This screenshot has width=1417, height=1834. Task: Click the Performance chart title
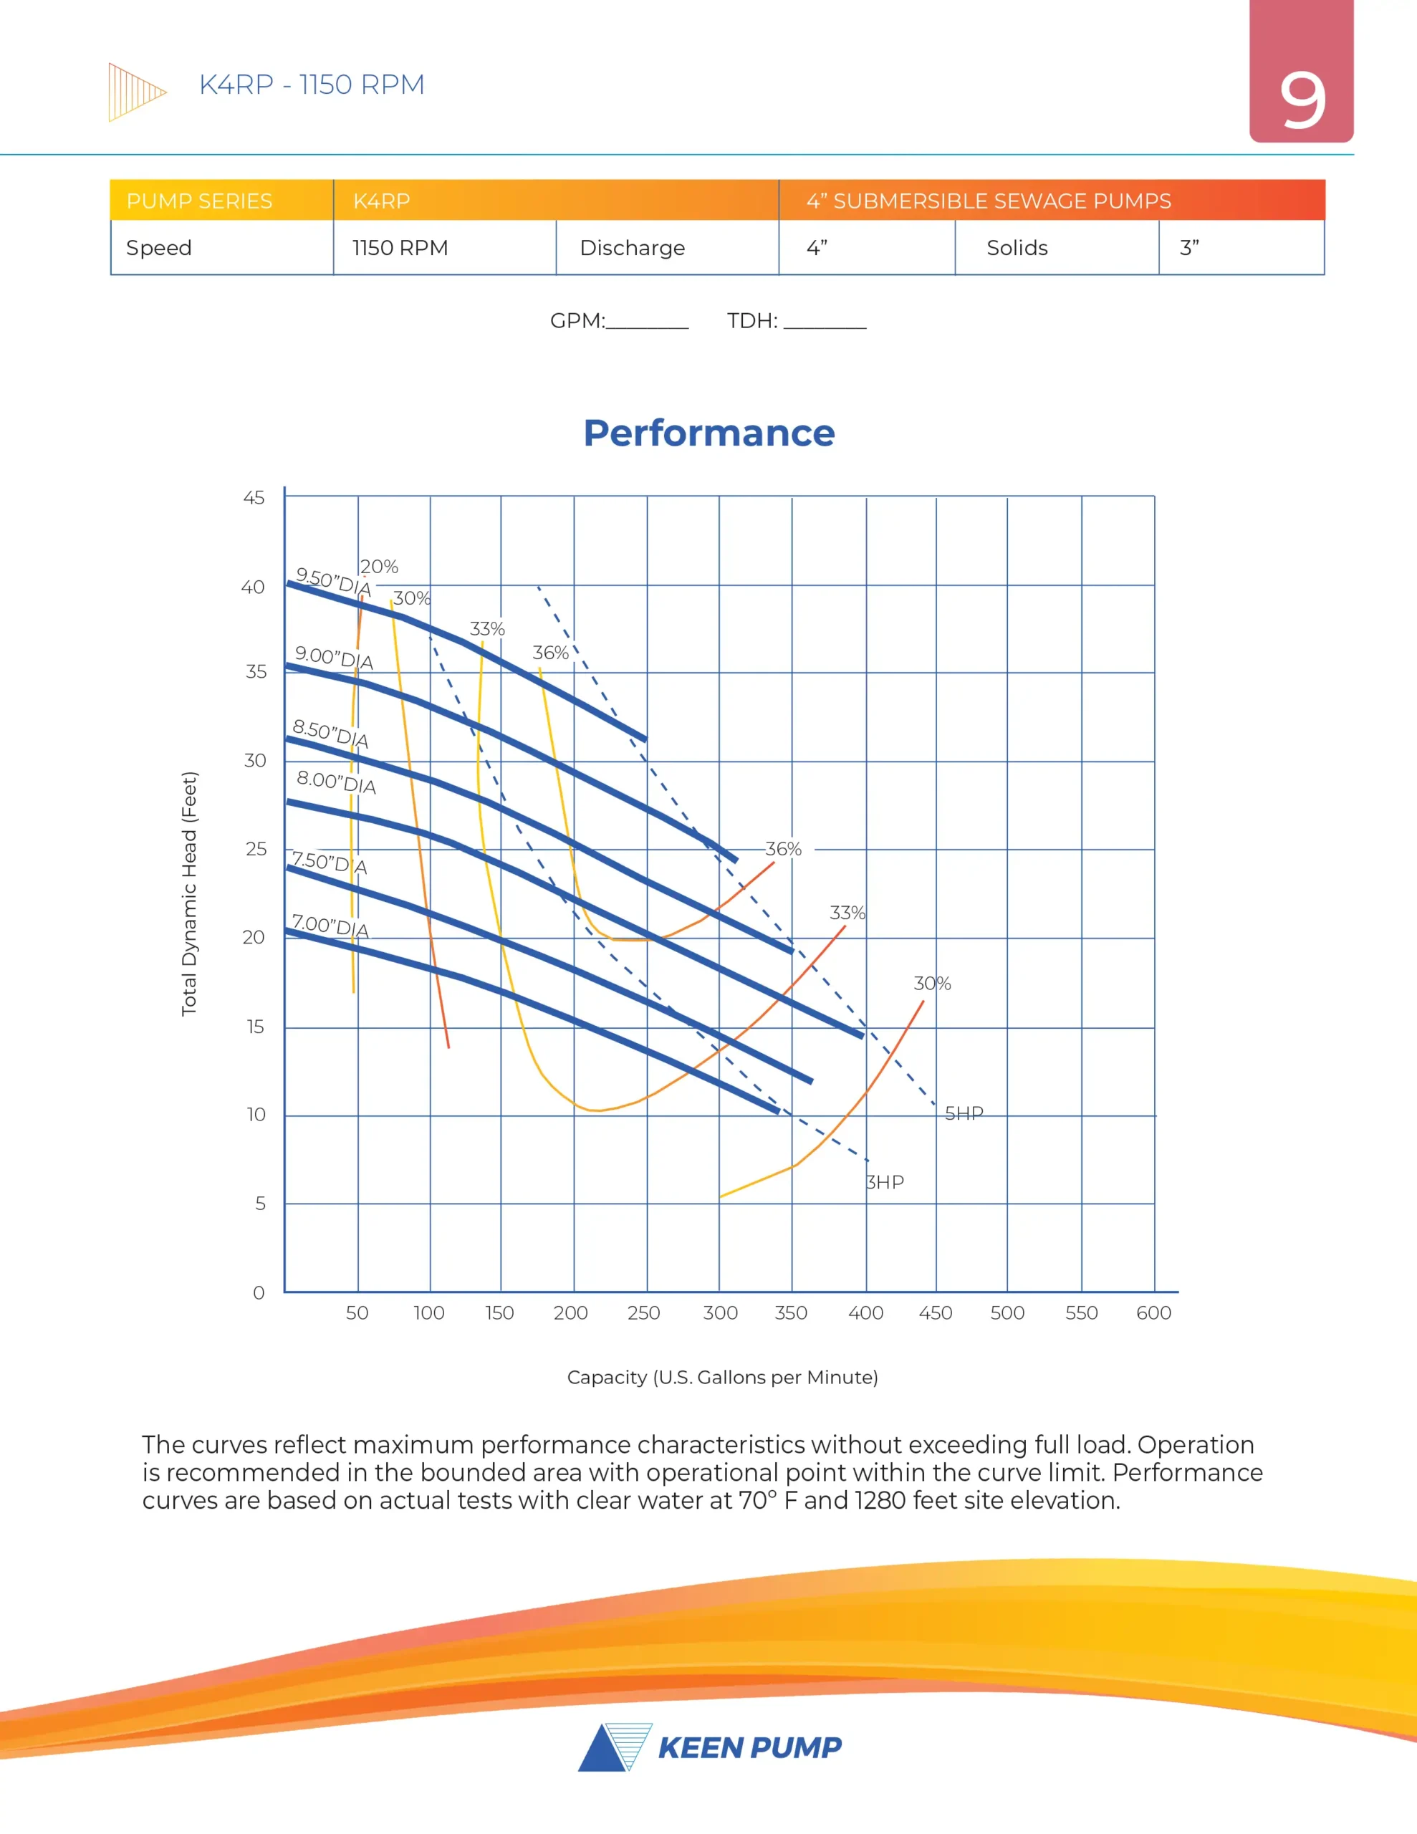[709, 433]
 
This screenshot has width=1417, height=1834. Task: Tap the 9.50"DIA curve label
[332, 582]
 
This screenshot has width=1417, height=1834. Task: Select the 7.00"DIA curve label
[330, 926]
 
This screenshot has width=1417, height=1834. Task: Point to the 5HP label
[964, 1113]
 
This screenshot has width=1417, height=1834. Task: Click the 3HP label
[885, 1182]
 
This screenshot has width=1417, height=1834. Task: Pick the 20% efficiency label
[379, 567]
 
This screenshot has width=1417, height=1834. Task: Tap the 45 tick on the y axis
[254, 498]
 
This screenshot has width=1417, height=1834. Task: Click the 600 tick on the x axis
[1153, 1312]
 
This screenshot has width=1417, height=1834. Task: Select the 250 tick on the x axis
[643, 1312]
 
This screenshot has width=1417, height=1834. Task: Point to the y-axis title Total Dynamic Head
[190, 893]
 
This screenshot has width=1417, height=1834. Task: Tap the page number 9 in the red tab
[1302, 101]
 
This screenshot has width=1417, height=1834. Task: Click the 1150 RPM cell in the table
[400, 248]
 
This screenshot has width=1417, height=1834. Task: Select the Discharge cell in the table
[633, 248]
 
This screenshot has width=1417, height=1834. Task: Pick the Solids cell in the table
[1017, 248]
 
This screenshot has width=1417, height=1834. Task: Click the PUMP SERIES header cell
[199, 201]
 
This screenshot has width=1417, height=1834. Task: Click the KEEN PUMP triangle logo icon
[615, 1747]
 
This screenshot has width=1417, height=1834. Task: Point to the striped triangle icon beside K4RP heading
[135, 92]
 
